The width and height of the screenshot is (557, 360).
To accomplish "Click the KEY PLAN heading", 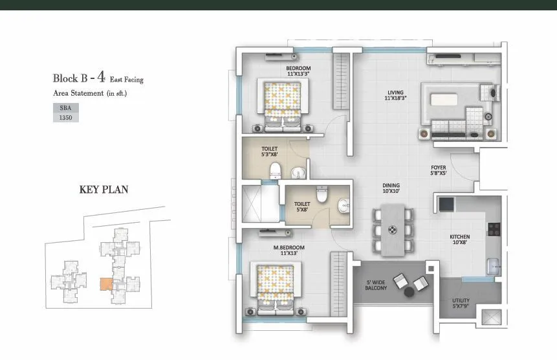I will pos(104,190).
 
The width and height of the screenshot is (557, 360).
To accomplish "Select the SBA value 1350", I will pos(65,118).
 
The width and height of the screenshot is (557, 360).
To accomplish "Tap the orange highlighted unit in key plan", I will pos(105,284).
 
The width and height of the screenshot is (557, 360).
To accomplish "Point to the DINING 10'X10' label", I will pos(391,188).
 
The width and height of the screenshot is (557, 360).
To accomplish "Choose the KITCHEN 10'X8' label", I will pos(459,240).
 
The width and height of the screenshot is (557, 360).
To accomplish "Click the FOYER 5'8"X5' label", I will pos(439,170).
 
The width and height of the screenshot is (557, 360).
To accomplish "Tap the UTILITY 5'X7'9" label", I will pos(461,303).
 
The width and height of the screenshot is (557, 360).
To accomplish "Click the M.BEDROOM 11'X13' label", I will pos(289,250).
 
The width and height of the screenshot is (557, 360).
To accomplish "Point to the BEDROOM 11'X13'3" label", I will pos(298,71).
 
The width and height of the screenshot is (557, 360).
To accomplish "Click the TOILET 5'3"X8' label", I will pos(270,151).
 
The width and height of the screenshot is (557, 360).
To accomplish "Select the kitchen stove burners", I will pos(494,229).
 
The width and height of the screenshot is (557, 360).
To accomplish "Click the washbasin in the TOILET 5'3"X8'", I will pos(297,173).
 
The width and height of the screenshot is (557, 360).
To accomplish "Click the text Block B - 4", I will pos(79,78).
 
